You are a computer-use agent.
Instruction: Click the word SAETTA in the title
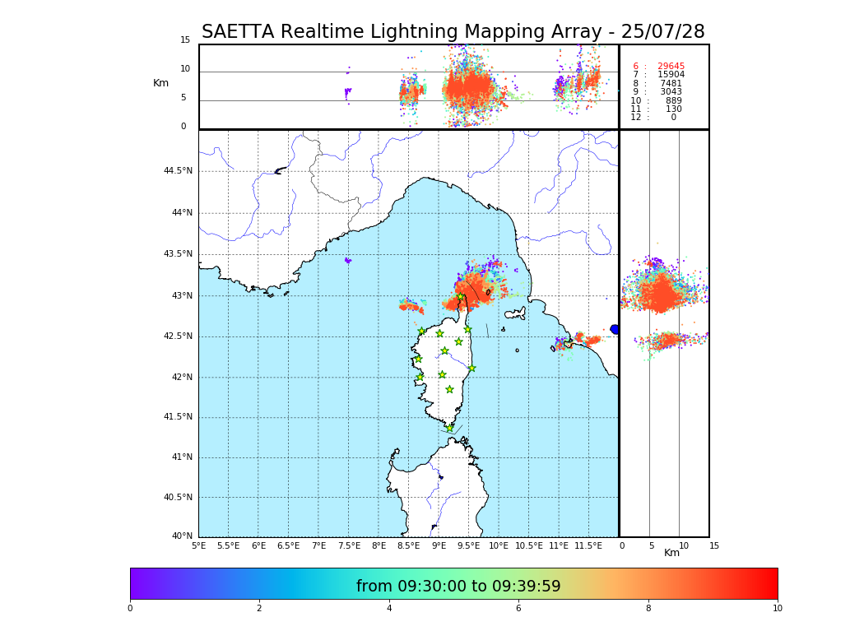238,32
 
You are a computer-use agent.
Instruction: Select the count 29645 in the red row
671,67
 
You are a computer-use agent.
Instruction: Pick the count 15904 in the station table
671,75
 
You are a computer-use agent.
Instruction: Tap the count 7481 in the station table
671,84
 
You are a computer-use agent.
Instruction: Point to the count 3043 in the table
671,92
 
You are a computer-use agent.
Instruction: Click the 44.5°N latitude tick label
177,171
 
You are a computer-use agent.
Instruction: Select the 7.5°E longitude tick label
349,545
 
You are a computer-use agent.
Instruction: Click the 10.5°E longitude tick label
529,545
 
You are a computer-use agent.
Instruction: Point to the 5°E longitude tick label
198,545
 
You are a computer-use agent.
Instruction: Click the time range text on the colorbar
458,587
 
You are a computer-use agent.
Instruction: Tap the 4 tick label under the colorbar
389,609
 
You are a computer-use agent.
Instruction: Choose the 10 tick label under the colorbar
777,609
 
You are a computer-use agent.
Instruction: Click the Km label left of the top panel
160,83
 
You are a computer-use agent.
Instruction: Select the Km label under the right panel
672,553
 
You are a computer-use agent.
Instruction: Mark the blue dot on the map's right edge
614,329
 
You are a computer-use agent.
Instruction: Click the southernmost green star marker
449,429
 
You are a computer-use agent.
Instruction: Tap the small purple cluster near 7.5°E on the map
348,261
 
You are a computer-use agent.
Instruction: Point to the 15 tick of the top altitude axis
185,40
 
